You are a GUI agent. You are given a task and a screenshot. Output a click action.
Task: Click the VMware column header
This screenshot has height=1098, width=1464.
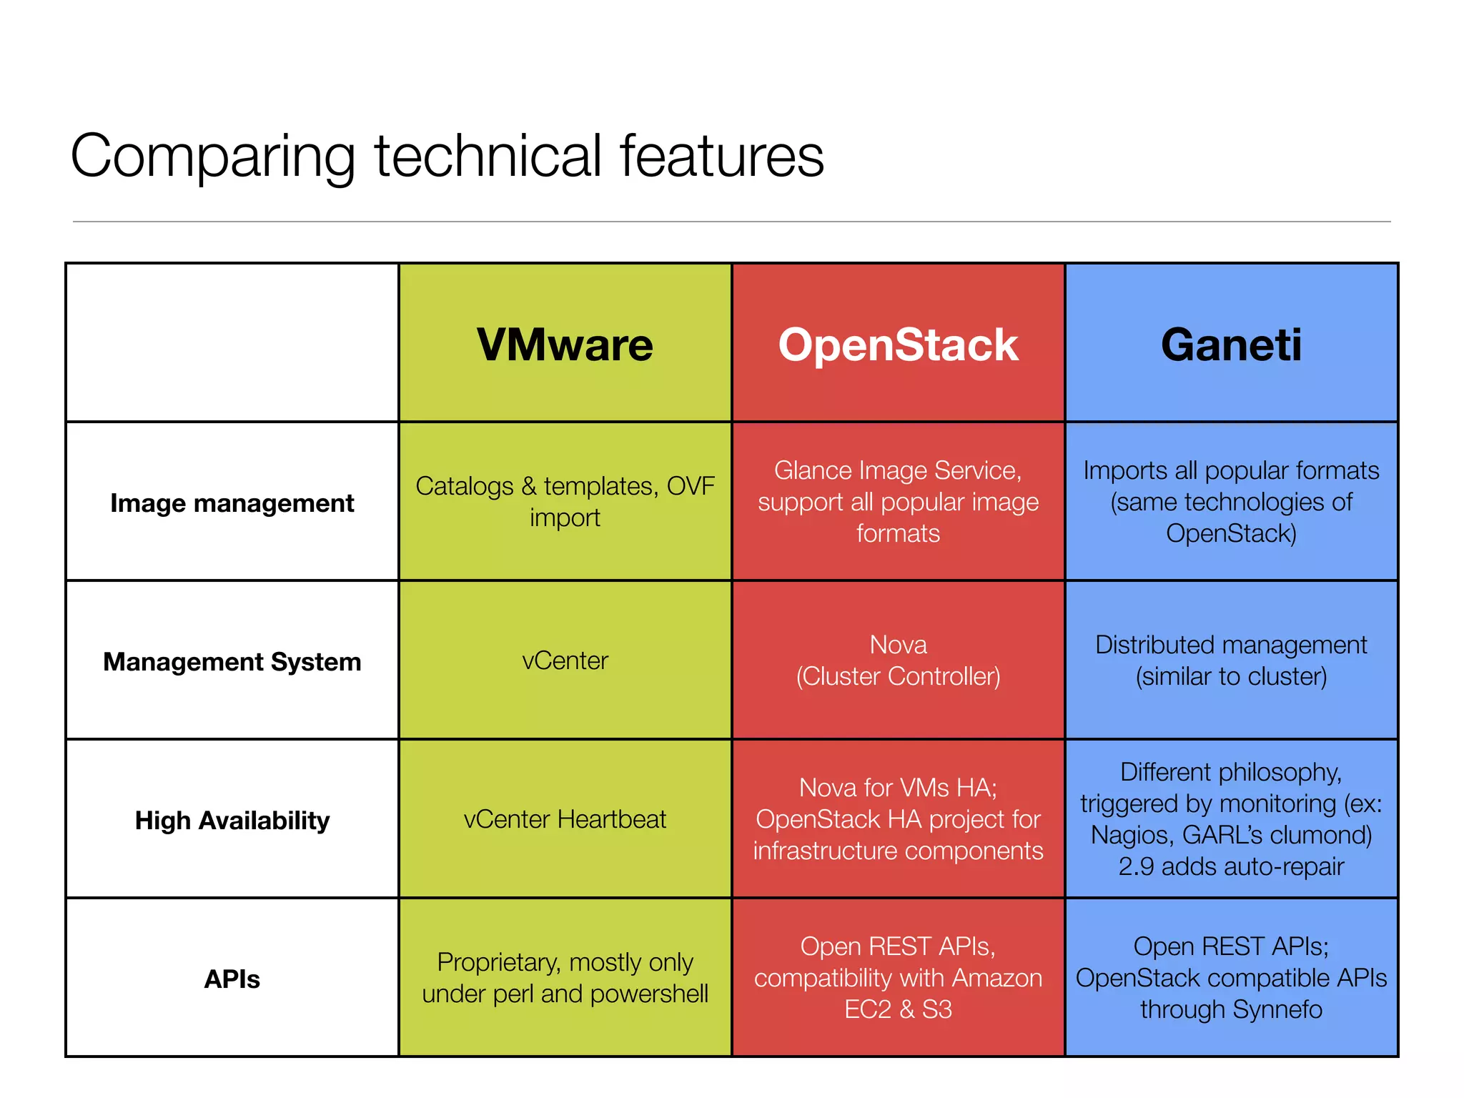tap(565, 345)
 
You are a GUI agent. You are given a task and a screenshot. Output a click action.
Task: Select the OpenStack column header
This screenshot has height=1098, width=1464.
tap(898, 345)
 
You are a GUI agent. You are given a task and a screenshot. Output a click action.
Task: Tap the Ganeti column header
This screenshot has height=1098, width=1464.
tap(1231, 345)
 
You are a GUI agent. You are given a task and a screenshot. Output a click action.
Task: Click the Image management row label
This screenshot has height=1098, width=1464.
tap(232, 503)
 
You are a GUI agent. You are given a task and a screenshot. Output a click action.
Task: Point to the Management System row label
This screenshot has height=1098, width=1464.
tap(232, 662)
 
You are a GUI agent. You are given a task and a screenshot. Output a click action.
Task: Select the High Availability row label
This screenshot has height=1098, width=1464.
tap(232, 821)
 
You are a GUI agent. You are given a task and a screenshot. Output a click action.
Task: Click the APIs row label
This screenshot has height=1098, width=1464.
tap(232, 979)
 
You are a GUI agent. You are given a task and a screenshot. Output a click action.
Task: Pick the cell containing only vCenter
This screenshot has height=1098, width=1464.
tap(565, 661)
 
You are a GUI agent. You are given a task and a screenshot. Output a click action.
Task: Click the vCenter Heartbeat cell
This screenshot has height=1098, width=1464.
tap(565, 819)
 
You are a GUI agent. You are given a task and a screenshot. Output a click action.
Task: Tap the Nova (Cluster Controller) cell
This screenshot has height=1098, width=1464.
tap(898, 661)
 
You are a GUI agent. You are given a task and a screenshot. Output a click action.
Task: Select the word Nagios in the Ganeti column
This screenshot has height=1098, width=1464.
tap(1132, 835)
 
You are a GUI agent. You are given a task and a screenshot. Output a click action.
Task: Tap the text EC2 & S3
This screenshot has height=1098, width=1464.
tap(898, 1009)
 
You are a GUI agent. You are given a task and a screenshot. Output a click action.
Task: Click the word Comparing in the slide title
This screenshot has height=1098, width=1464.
tap(212, 157)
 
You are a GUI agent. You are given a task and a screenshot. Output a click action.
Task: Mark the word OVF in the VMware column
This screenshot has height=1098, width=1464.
tap(690, 486)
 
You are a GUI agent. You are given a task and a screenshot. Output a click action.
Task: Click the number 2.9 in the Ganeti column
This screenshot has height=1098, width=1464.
tap(1136, 866)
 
